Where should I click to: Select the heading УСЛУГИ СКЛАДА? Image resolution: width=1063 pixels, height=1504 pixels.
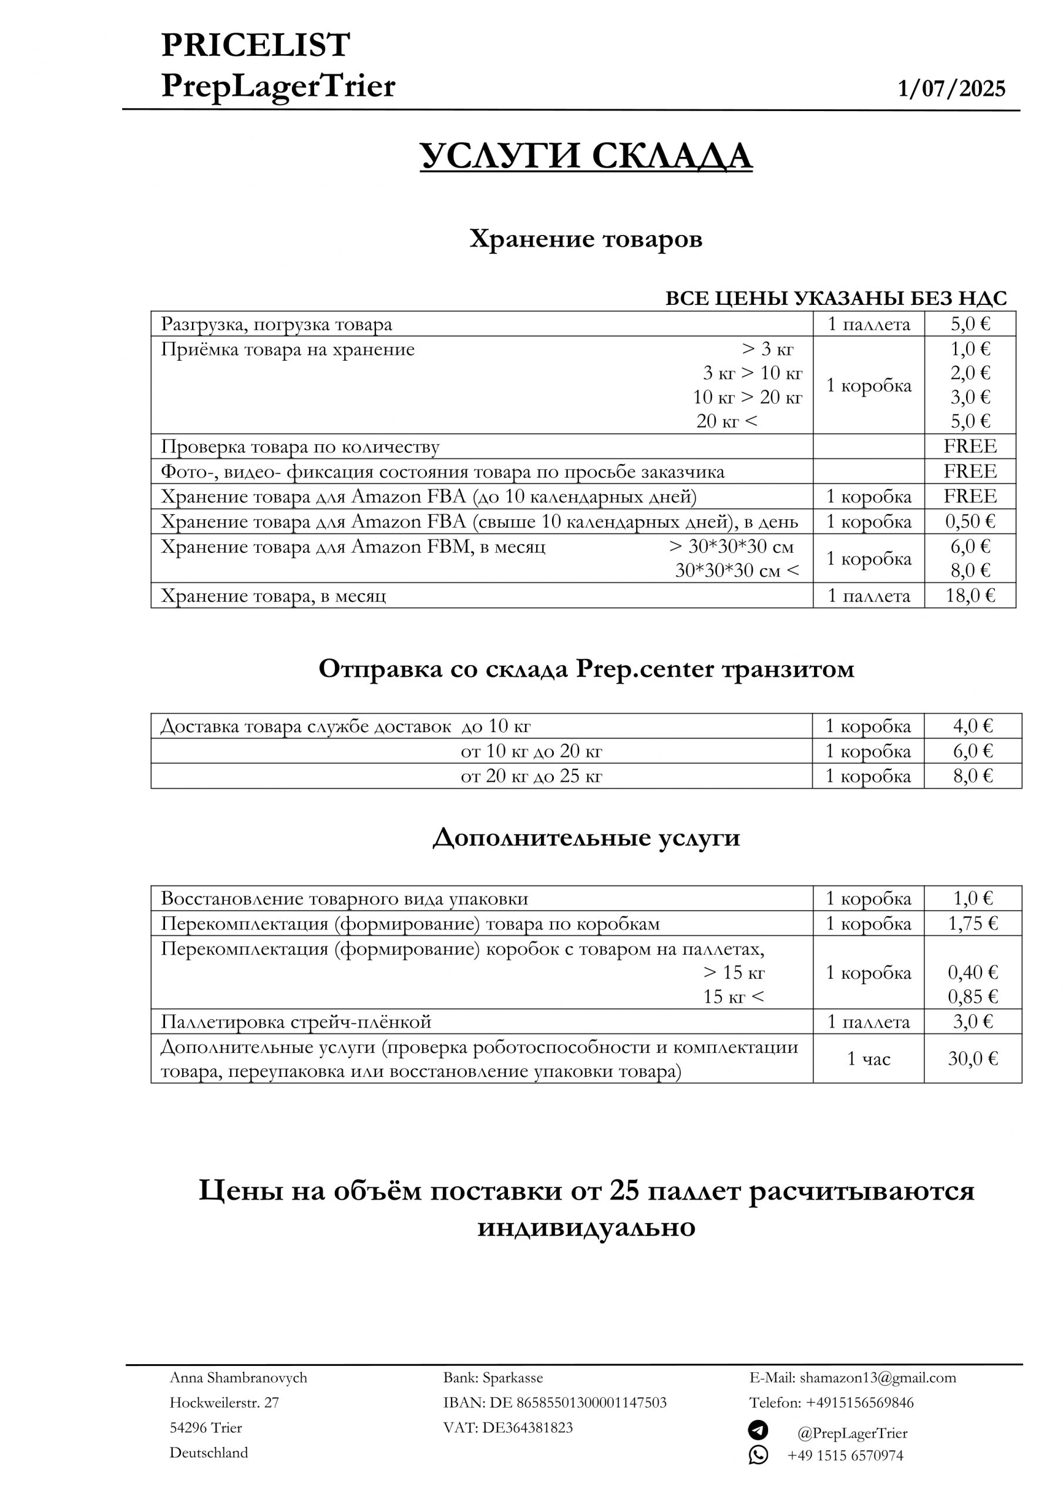pos(586,156)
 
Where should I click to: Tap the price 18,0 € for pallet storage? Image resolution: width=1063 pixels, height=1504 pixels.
pos(970,596)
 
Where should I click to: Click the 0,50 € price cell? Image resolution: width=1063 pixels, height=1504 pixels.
pos(970,522)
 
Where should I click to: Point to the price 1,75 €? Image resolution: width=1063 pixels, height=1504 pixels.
pos(973,923)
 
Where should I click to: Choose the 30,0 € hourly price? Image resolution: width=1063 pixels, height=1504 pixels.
pos(973,1059)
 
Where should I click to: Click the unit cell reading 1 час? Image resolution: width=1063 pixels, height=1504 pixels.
pos(869,1059)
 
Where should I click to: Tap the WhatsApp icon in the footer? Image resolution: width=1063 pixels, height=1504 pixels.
pos(758,1455)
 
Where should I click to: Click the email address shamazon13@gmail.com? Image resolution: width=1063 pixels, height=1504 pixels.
pos(877,1378)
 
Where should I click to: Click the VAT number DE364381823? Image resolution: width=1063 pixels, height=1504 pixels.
pos(527,1428)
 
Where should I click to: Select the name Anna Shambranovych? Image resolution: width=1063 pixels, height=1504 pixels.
pos(238,1378)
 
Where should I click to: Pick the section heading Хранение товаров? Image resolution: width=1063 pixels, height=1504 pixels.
pos(586,239)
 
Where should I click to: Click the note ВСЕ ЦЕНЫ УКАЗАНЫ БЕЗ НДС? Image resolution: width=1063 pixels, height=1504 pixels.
pos(836,298)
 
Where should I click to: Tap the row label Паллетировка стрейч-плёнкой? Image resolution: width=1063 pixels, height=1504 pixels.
pos(296,1021)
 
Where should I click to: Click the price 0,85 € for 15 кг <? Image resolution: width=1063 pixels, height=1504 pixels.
pos(973,996)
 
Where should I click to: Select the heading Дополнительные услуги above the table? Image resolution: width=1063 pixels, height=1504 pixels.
pos(586,838)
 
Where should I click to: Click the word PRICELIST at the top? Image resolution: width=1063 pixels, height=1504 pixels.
pos(255,45)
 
